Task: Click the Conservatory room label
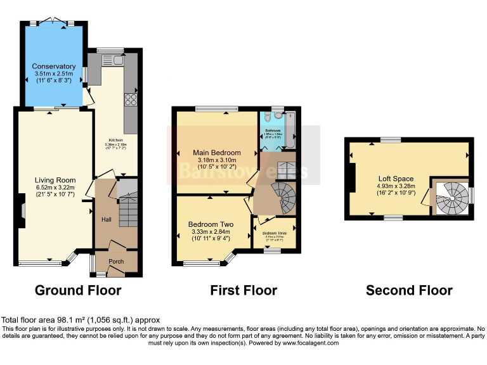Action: pyautogui.click(x=54, y=67)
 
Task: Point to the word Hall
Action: pyautogui.click(x=107, y=219)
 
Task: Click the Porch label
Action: pyautogui.click(x=115, y=261)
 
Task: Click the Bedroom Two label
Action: pyautogui.click(x=211, y=224)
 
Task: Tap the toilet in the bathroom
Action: pyautogui.click(x=269, y=118)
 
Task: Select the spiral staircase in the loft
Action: pyautogui.click(x=451, y=198)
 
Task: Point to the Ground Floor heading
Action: pyautogui.click(x=78, y=290)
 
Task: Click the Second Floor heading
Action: pyautogui.click(x=409, y=290)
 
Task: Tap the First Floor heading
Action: pyautogui.click(x=243, y=290)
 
